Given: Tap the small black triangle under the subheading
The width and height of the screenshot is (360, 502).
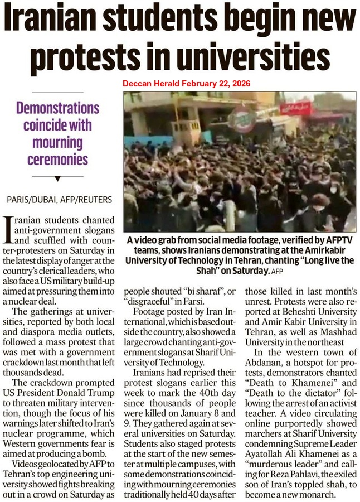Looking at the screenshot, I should (57, 178).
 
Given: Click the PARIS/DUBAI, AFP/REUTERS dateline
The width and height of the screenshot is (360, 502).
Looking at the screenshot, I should (59, 199).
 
